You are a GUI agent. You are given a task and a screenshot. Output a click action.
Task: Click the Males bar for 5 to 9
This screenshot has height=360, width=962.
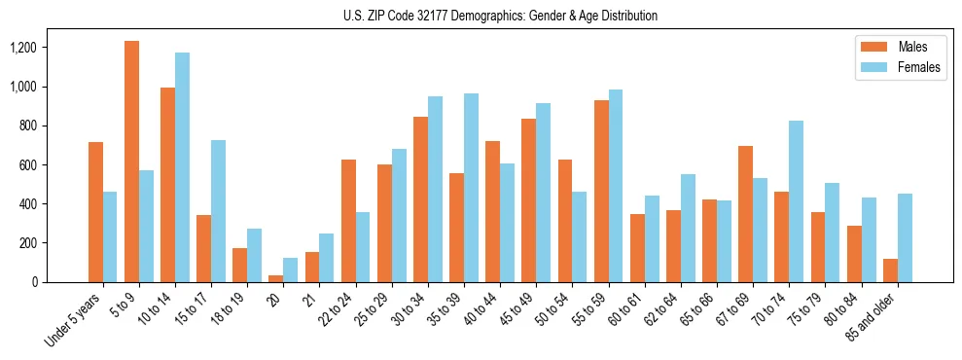pyautogui.click(x=131, y=162)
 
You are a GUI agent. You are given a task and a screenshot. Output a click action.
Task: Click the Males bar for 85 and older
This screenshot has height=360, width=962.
pyautogui.click(x=890, y=270)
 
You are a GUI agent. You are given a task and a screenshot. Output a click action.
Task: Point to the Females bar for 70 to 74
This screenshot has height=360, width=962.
pyautogui.click(x=797, y=201)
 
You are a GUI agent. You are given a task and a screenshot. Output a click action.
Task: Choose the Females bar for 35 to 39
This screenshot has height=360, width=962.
pyautogui.click(x=471, y=188)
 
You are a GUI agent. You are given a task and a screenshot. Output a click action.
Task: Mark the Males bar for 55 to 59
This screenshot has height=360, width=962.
pyautogui.click(x=601, y=191)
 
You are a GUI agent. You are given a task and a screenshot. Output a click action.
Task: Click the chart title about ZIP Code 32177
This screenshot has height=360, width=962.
pyautogui.click(x=500, y=16)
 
